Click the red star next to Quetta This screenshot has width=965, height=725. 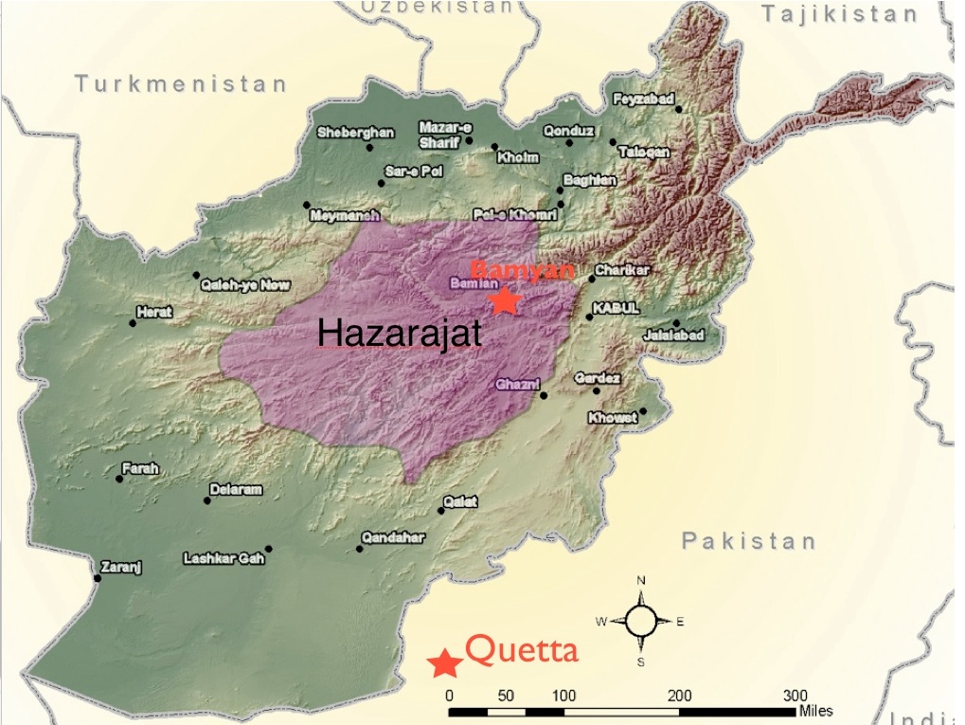tap(443, 663)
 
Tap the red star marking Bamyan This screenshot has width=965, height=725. tap(505, 300)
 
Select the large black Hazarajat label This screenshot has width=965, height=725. tap(399, 334)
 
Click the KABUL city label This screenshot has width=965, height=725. tap(617, 309)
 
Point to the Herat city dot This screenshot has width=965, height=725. tap(133, 323)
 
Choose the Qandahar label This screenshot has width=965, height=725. tap(393, 537)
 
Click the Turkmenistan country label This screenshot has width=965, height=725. tap(180, 84)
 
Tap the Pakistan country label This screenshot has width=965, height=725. tap(748, 541)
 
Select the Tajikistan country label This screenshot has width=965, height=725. tap(839, 14)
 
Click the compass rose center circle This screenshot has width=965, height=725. tap(641, 622)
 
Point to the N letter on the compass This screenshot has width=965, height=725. tap(641, 581)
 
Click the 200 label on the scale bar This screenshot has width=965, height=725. tap(679, 696)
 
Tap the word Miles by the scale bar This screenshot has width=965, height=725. tap(815, 711)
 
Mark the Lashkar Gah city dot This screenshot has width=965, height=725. tap(269, 549)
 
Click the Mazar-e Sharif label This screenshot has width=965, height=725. tap(445, 135)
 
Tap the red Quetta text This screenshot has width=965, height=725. tap(522, 651)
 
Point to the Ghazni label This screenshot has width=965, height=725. tap(517, 384)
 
